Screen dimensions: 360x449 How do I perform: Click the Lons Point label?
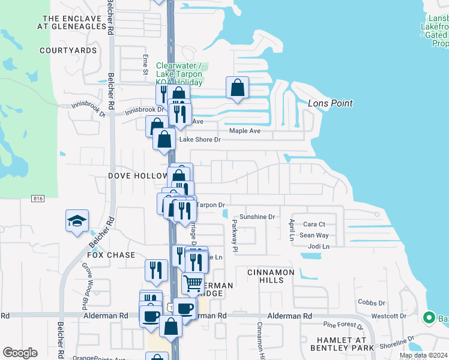point(330,103)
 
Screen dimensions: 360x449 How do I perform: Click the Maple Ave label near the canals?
point(245,131)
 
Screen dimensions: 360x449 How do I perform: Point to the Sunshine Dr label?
point(257,217)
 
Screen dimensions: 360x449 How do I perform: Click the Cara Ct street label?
point(314,224)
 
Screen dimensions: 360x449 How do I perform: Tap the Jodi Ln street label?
point(318,247)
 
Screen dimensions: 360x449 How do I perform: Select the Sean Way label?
point(314,236)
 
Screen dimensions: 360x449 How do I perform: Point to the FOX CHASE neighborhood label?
point(113,255)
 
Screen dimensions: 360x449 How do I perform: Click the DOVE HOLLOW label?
point(137,176)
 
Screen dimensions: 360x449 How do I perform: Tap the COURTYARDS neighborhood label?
point(68,50)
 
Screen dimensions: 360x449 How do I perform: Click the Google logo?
point(20,353)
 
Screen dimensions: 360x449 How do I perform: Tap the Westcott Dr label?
point(389,316)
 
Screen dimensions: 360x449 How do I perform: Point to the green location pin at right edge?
point(429,317)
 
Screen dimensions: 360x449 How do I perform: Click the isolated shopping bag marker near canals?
point(238,88)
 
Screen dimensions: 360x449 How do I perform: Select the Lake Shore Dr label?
point(200,140)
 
